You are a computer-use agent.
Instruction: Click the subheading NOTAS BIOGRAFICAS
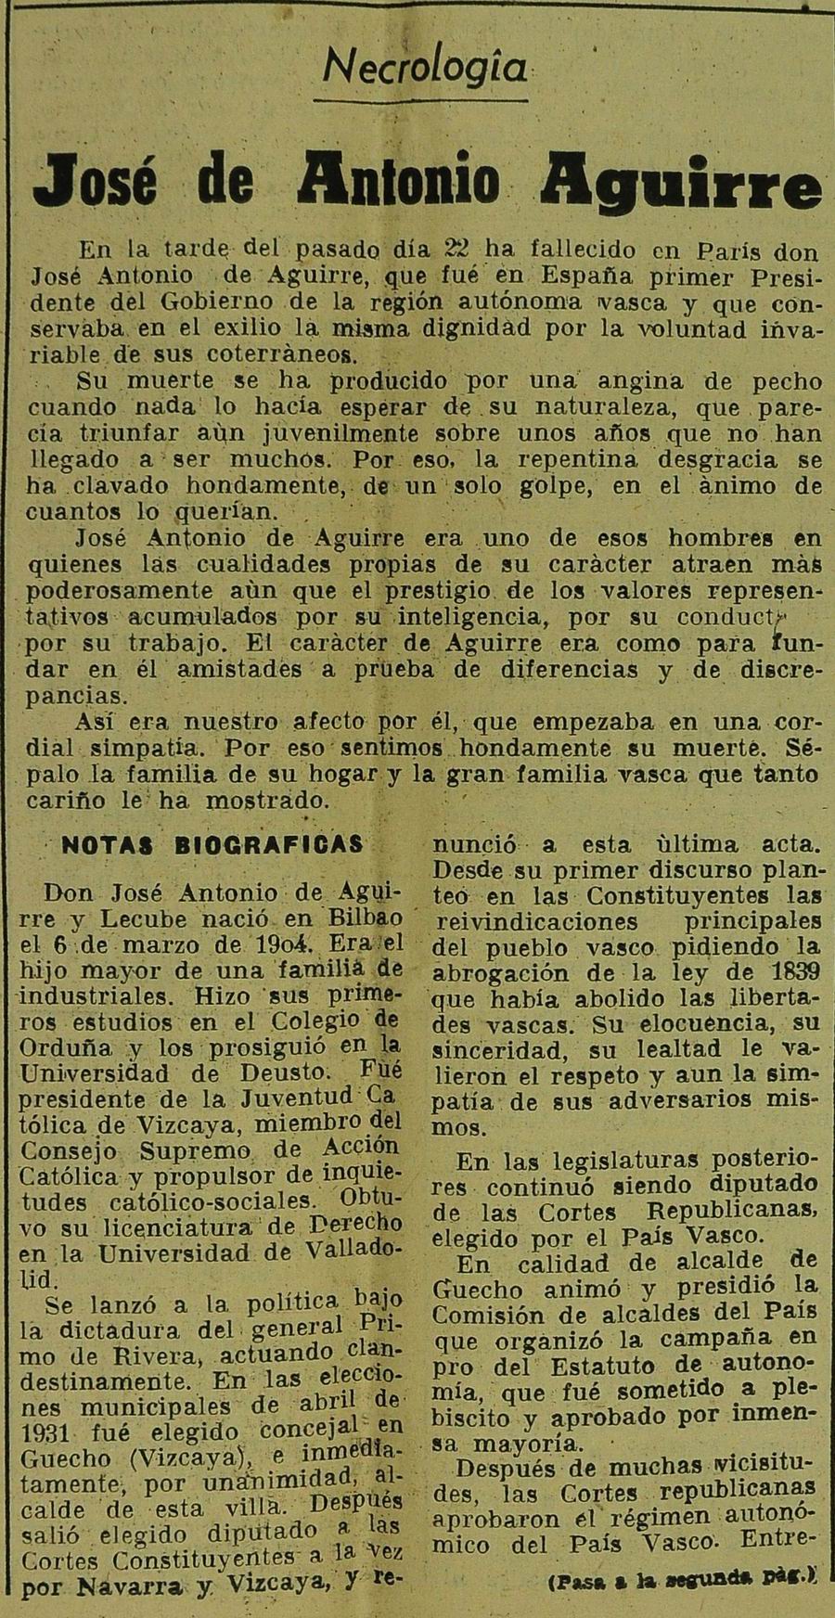coord(212,843)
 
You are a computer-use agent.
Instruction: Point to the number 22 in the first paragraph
coord(461,250)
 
